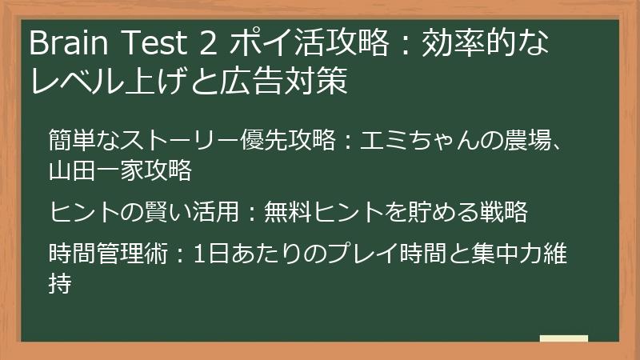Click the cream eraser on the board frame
click(563, 338)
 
